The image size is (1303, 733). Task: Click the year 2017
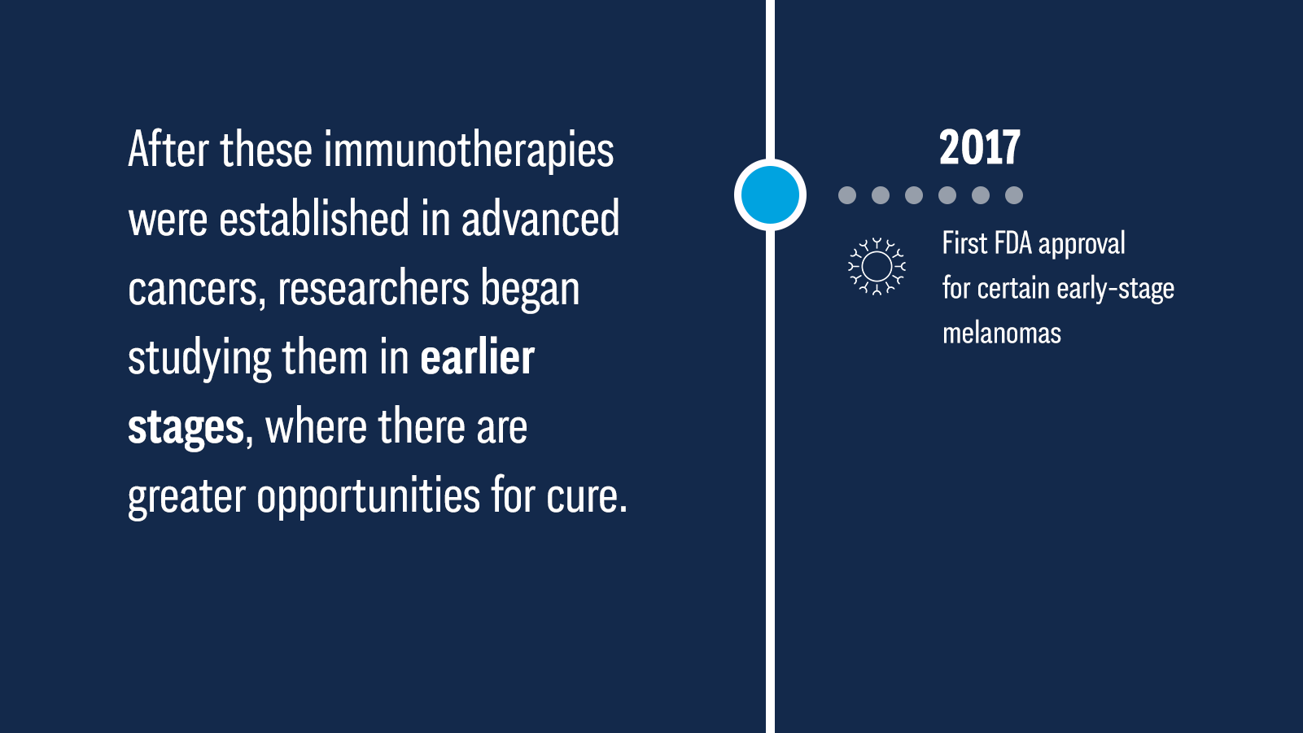[x=980, y=147]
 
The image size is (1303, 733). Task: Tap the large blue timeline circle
[x=770, y=194]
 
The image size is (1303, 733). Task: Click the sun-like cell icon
[x=877, y=266]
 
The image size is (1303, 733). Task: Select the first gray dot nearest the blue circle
[x=847, y=195]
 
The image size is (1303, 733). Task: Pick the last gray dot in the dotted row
[x=1014, y=195]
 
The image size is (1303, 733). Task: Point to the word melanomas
[x=1002, y=334]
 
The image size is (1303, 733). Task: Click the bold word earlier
[x=477, y=357]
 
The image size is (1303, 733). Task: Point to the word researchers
[x=374, y=289]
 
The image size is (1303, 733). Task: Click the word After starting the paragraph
[x=168, y=150]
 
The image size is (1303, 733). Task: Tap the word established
[x=314, y=219]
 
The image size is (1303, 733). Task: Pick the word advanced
[x=540, y=219]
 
